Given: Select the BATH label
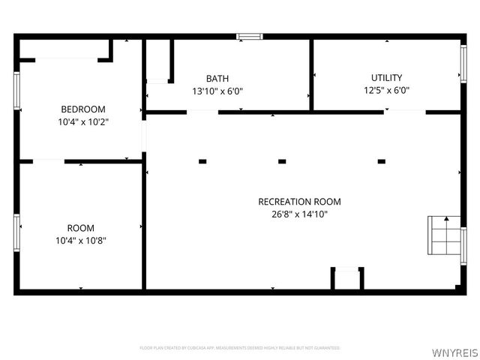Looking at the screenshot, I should coord(217,78).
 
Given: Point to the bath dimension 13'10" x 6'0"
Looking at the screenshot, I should coord(217,91).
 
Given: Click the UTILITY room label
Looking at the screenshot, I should coord(386,77).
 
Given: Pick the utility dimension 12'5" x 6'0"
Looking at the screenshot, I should coord(386,90).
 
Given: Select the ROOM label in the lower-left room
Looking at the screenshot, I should coord(80,227).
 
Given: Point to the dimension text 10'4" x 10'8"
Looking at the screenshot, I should coord(80,240).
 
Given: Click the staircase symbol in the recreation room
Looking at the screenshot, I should coord(443,236).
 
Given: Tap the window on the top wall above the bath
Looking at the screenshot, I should coord(250,35).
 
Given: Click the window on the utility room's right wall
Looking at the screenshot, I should coord(463,64).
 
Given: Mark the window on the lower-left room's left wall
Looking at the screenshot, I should coord(16,232).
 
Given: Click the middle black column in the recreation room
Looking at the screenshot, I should coord(283,160).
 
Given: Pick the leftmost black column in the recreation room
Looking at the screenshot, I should coord(202,160).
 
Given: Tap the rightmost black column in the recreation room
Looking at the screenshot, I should coord(381,160).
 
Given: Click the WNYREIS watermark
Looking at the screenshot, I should coord(454,350).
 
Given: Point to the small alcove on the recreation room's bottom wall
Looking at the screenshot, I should coord(347,279).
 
